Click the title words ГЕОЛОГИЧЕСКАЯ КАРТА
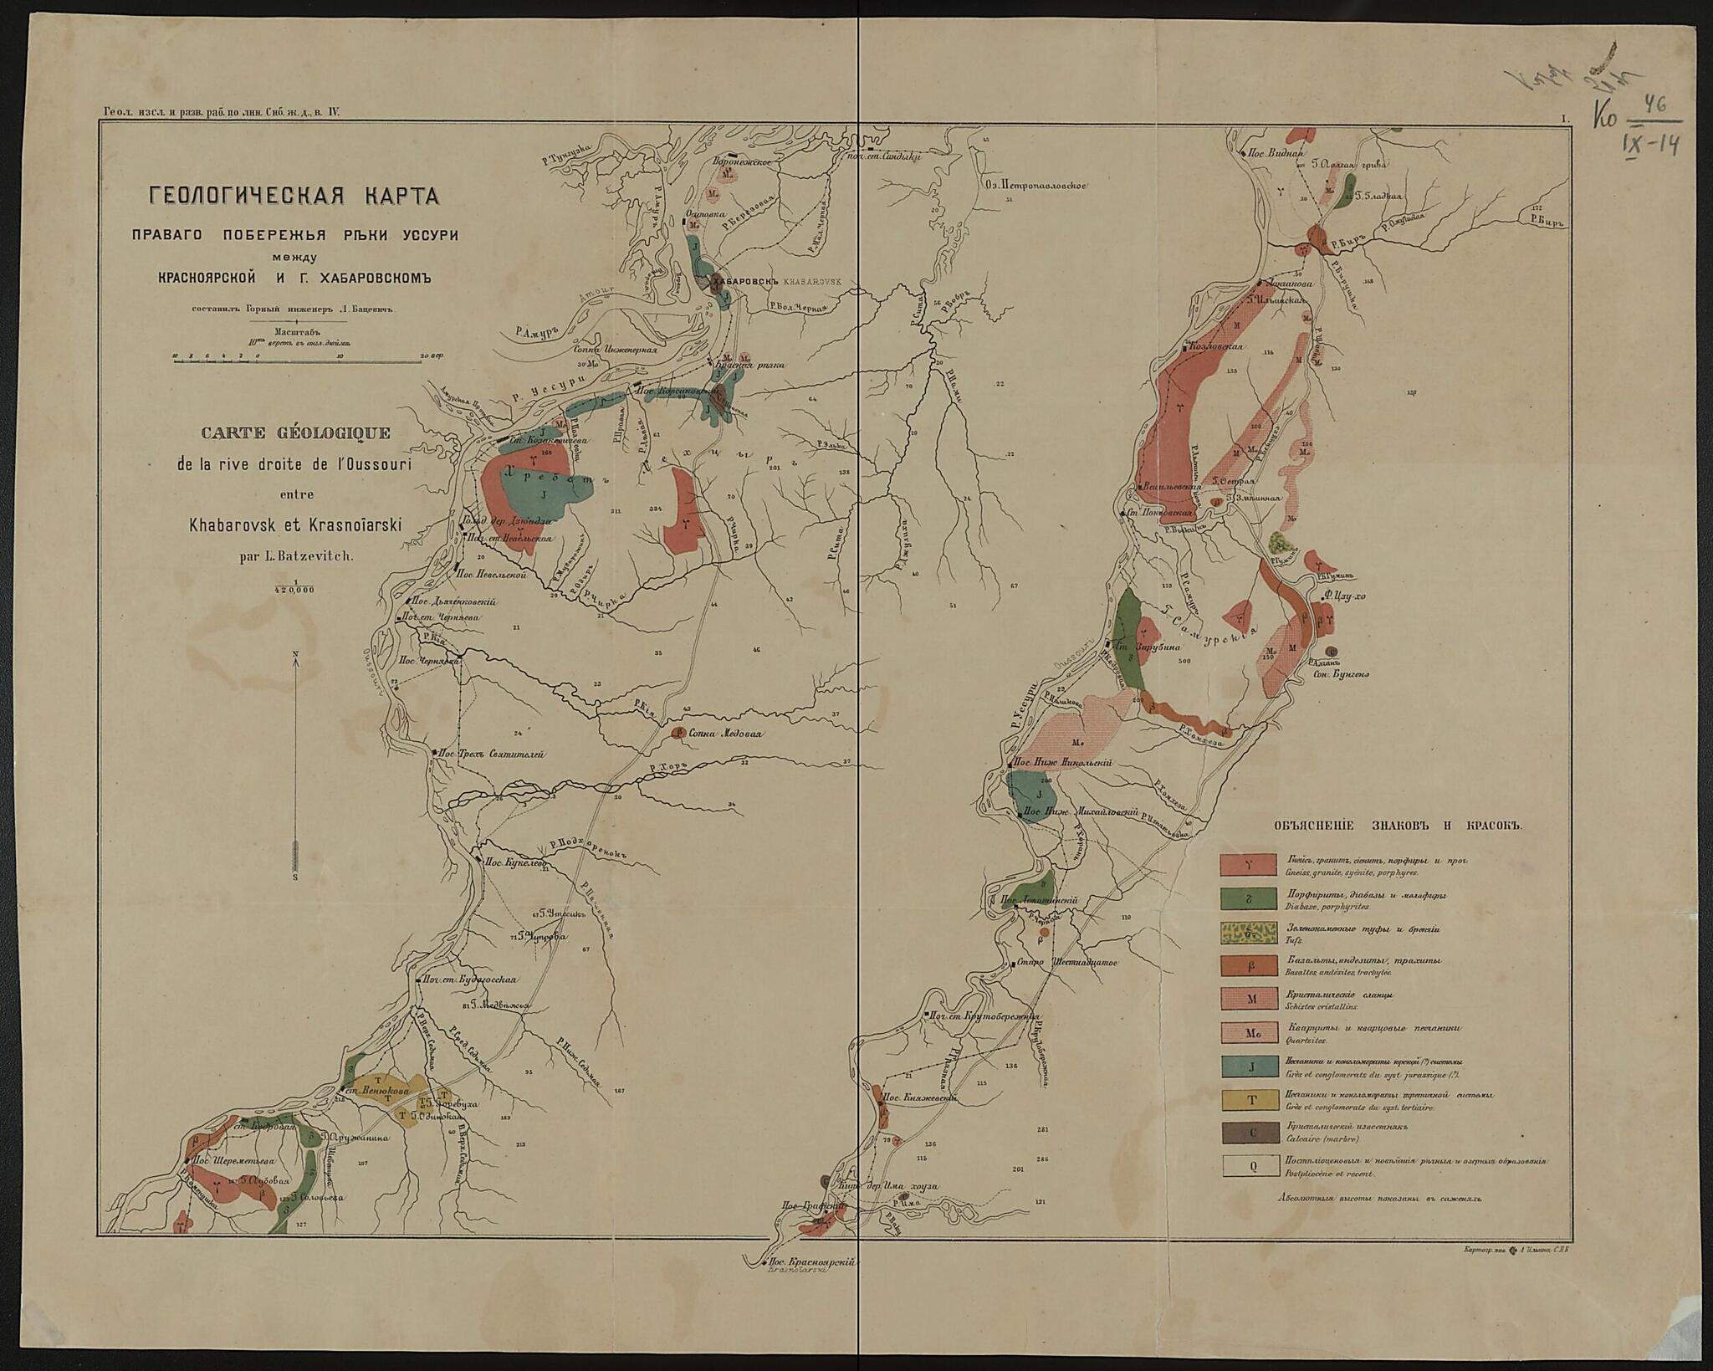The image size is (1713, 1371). (294, 197)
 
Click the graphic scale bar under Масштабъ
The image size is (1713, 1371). (297, 361)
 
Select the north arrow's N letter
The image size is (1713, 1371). (295, 654)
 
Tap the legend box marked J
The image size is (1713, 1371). (1250, 1067)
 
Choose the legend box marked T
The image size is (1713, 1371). (1250, 1100)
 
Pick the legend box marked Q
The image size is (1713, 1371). (1250, 1166)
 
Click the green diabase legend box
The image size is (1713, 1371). (1250, 898)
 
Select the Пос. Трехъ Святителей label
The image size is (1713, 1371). (493, 754)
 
